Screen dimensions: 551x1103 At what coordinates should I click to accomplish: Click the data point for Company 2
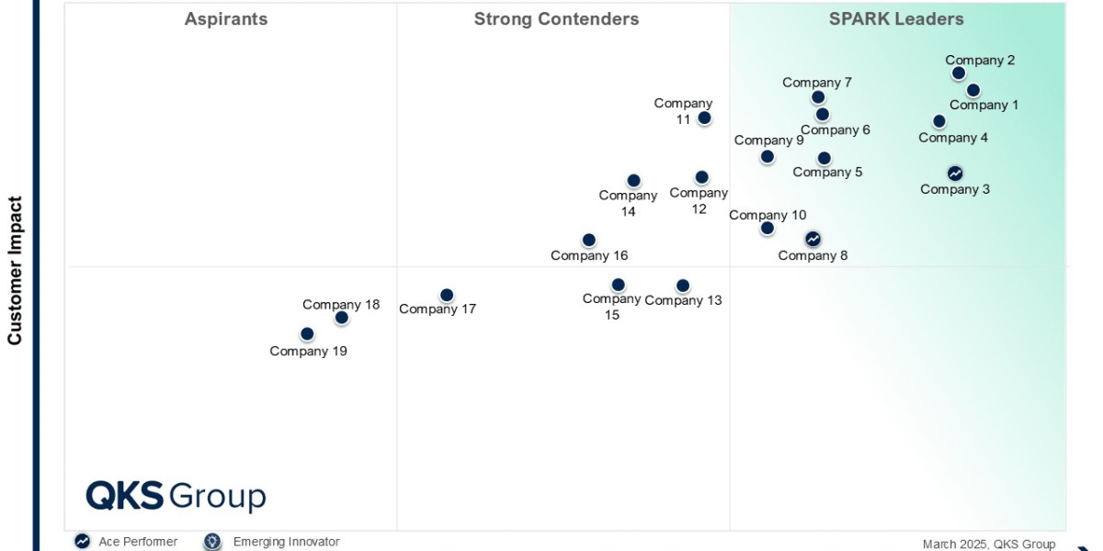click(x=959, y=73)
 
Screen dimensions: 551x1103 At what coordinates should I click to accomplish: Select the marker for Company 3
click(x=955, y=173)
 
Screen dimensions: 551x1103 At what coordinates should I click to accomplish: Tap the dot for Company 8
click(x=813, y=239)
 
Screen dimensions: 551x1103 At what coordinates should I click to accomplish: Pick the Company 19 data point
click(x=307, y=334)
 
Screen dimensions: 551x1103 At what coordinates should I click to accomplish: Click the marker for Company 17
click(x=447, y=295)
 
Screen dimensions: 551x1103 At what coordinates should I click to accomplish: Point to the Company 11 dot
click(x=704, y=118)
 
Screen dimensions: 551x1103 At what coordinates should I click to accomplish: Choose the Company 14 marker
click(x=633, y=181)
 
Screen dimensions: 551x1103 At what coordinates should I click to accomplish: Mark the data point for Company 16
click(x=589, y=241)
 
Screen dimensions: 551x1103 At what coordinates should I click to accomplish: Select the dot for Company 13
click(x=682, y=286)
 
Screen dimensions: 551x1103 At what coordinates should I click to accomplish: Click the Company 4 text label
click(x=953, y=138)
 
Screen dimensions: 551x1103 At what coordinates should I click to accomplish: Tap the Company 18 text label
click(x=341, y=305)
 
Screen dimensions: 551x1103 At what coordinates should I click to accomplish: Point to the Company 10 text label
click(x=768, y=215)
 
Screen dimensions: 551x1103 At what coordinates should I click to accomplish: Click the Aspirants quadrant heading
click(x=226, y=19)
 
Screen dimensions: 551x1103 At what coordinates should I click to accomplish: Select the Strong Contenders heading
click(x=556, y=19)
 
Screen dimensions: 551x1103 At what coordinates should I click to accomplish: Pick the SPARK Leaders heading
click(x=896, y=19)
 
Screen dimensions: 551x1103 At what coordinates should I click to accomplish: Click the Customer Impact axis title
click(x=15, y=270)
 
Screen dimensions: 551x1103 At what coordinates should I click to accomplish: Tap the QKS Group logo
click(x=176, y=496)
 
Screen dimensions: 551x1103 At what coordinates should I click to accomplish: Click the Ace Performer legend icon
click(x=83, y=542)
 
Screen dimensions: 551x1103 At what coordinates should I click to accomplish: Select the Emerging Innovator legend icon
click(x=213, y=542)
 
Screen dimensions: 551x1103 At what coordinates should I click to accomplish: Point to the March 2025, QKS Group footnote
click(x=989, y=544)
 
